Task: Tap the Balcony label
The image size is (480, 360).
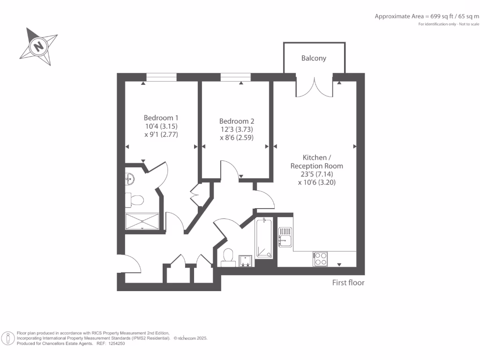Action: point(314,59)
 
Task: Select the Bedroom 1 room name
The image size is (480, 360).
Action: point(161,118)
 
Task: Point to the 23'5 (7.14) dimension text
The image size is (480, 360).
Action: point(317,174)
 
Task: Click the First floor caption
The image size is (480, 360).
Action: point(348,283)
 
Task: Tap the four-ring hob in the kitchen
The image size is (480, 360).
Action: point(321,258)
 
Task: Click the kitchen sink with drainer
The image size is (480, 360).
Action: point(285,236)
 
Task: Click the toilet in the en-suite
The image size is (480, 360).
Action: point(136,200)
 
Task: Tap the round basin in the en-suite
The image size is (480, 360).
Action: point(129,178)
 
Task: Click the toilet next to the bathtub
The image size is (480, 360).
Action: point(228,257)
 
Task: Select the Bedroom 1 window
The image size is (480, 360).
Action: point(161,77)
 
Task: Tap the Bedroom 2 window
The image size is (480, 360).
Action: point(235,77)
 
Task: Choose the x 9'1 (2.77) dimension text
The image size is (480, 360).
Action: point(161,135)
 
